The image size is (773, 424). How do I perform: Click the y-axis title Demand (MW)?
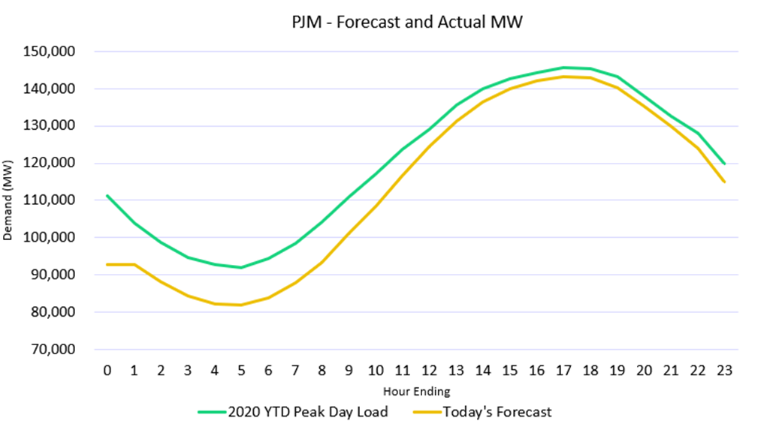tap(8, 200)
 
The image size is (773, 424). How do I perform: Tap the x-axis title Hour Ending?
tap(415, 391)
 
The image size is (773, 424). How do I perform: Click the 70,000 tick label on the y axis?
tap(68, 350)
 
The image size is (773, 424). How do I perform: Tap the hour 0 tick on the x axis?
tap(107, 371)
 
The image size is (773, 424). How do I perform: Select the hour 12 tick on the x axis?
tap(429, 371)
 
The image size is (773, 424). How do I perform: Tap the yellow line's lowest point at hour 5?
tap(241, 305)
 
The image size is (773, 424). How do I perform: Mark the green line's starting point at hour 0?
tap(107, 195)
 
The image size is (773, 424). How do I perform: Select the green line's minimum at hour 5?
tap(241, 267)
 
